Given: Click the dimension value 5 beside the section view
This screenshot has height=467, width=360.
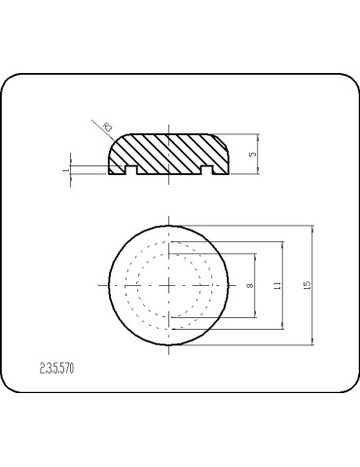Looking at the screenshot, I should tap(252, 155).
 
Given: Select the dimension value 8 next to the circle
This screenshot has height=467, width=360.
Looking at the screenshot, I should tap(250, 285).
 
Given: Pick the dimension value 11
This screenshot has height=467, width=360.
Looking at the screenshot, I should tap(277, 285).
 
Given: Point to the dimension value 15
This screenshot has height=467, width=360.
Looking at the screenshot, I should tap(307, 285).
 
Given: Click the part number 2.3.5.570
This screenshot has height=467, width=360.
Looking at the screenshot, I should tap(58, 369).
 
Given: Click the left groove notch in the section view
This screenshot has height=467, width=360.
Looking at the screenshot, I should tap(130, 171).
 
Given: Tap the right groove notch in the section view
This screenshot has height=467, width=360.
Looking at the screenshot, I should tap(206, 171).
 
